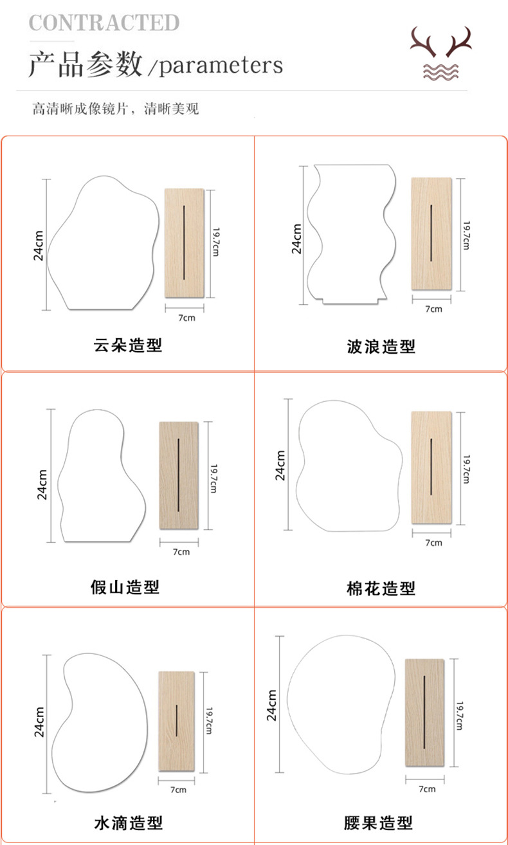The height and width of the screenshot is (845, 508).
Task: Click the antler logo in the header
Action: (x=442, y=55)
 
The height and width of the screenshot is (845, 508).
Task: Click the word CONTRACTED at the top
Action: (x=104, y=23)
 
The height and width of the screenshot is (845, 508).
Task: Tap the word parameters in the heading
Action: (x=221, y=65)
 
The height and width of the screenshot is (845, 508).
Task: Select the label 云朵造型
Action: (x=128, y=345)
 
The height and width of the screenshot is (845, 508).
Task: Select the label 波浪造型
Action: (x=381, y=347)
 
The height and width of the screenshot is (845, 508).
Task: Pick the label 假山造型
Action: (x=125, y=586)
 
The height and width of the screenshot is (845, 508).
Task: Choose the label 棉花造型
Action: (x=381, y=588)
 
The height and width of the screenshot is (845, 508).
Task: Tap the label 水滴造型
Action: (x=129, y=822)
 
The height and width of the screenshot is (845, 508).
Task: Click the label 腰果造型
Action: (x=378, y=822)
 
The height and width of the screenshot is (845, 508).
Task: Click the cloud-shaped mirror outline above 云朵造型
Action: (x=103, y=244)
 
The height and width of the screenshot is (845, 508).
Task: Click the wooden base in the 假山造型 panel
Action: (x=179, y=475)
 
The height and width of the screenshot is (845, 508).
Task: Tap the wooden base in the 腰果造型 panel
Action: (x=425, y=713)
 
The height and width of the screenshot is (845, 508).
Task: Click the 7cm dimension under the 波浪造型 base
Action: (x=434, y=309)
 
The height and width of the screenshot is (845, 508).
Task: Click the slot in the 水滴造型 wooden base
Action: (x=177, y=722)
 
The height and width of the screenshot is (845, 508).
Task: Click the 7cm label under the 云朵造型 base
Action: (x=186, y=318)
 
